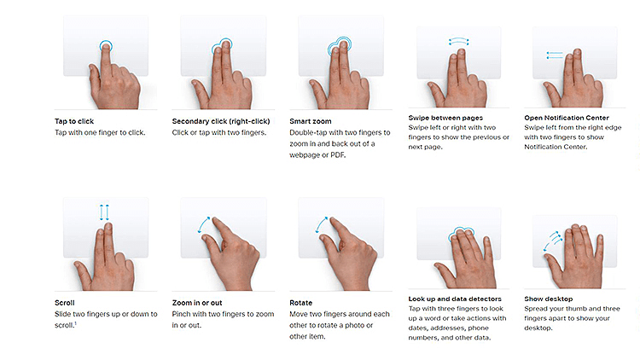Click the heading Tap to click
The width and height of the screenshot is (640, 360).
pyautogui.click(x=74, y=121)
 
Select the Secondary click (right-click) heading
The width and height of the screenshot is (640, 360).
pyautogui.click(x=221, y=121)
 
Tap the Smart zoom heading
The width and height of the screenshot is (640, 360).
pyautogui.click(x=311, y=121)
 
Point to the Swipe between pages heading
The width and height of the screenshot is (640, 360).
pyautogui.click(x=445, y=118)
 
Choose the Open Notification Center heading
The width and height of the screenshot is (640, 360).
pyautogui.click(x=567, y=118)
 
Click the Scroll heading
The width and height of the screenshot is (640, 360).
pyautogui.click(x=65, y=303)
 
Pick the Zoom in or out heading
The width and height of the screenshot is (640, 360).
pyautogui.click(x=197, y=303)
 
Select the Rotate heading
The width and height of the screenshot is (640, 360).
pyautogui.click(x=301, y=303)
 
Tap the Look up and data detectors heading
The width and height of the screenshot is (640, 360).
pyautogui.click(x=455, y=299)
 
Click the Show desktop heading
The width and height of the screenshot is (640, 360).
pyautogui.click(x=548, y=299)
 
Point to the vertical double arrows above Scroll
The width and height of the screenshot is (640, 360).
pyautogui.click(x=104, y=212)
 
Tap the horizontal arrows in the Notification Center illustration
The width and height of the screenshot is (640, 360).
pyautogui.click(x=555, y=55)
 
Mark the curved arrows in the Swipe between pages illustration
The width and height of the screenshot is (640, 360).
pyautogui.click(x=458, y=42)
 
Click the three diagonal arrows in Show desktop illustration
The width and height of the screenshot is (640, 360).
pyautogui.click(x=552, y=241)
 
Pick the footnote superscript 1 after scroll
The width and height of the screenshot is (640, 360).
pyautogui.click(x=75, y=323)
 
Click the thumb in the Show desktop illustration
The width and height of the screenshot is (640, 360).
pyautogui.click(x=554, y=265)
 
